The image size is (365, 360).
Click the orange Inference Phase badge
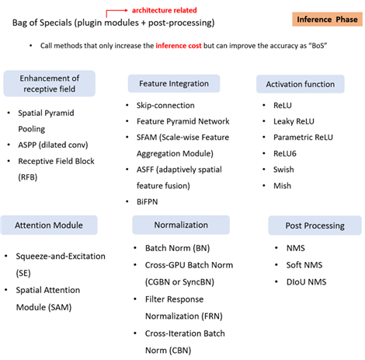(x=327, y=19)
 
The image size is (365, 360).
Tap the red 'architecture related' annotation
(x=165, y=10)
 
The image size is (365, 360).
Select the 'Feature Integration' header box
(x=174, y=84)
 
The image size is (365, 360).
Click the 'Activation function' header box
(x=301, y=84)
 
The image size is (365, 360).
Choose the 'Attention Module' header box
(x=49, y=225)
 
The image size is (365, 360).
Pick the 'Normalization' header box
(x=181, y=225)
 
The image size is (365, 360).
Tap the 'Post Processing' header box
(x=315, y=225)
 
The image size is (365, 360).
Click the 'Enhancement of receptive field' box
(x=50, y=83)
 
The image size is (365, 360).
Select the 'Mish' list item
(x=282, y=186)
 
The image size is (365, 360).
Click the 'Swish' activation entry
(x=283, y=170)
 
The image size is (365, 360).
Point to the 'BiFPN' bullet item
(x=147, y=202)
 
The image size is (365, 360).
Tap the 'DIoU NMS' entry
(x=306, y=282)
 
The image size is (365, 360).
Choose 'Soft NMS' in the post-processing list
(x=304, y=265)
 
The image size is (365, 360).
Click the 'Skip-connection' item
(x=165, y=106)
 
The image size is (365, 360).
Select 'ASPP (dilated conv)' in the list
(x=53, y=145)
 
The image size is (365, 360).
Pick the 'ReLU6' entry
(x=285, y=154)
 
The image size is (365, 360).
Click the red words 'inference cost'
(x=179, y=46)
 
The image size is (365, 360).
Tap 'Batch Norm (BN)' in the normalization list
(x=177, y=248)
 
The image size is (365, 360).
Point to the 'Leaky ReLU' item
(x=294, y=121)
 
